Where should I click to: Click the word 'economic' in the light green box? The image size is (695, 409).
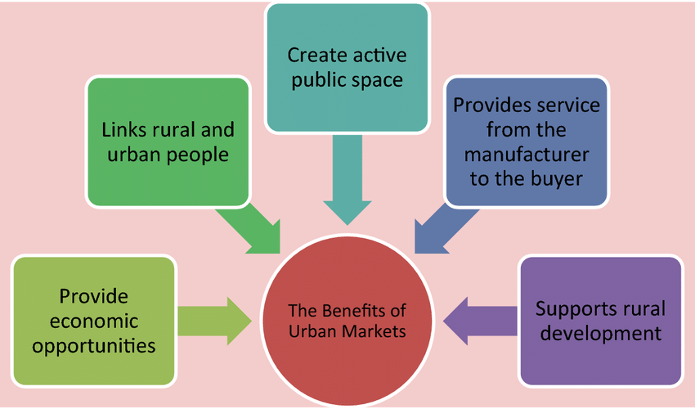93,321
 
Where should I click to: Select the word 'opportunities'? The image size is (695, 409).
93,345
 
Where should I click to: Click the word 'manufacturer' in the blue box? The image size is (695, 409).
526,155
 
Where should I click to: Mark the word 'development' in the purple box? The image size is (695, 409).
600,334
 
